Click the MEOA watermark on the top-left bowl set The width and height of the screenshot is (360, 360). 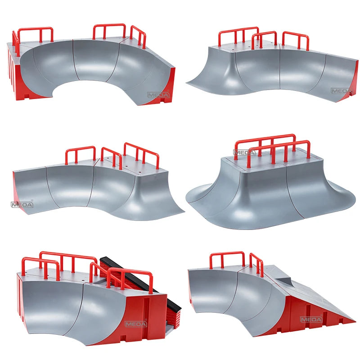(158, 94)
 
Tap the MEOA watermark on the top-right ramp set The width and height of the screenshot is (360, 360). (342, 91)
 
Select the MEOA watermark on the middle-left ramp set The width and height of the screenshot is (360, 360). (22, 204)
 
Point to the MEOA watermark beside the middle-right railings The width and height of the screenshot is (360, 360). (244, 153)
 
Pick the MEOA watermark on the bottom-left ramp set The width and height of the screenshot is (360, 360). (136, 324)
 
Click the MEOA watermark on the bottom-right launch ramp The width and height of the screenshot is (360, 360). (311, 319)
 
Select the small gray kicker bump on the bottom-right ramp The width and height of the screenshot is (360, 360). (284, 282)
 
